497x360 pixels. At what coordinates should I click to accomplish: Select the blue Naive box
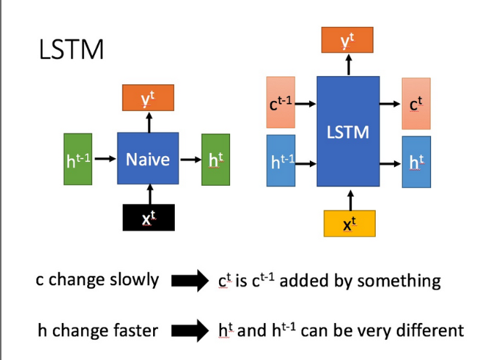click(148, 158)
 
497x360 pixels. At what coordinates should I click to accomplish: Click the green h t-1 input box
click(78, 158)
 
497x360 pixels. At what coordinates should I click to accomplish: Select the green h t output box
click(215, 158)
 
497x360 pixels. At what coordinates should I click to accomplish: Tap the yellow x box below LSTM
click(349, 224)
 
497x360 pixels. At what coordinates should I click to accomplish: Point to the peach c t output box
click(415, 104)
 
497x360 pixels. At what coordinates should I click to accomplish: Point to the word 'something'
click(403, 281)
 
